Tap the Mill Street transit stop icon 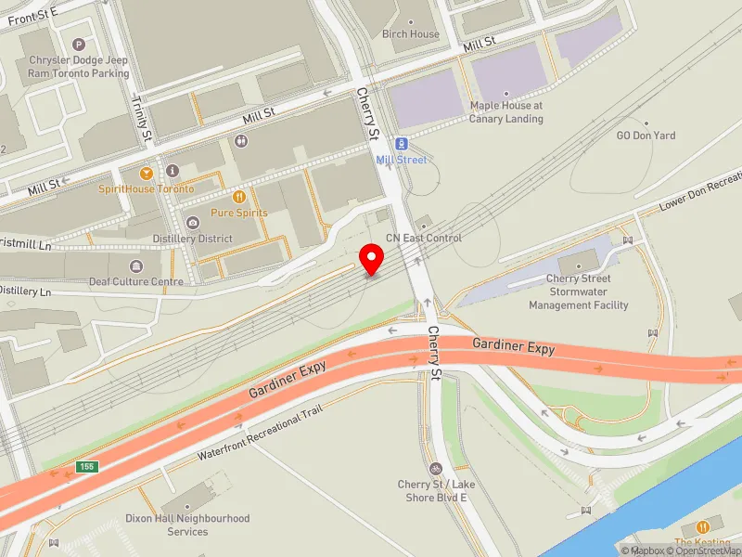pyautogui.click(x=402, y=144)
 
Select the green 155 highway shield pyautogui.click(x=86, y=466)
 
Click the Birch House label pyautogui.click(x=411, y=34)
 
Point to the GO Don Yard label pyautogui.click(x=646, y=136)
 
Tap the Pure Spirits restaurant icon pyautogui.click(x=239, y=197)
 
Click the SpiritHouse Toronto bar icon pyautogui.click(x=146, y=173)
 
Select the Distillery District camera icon pyautogui.click(x=192, y=223)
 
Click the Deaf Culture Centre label pyautogui.click(x=136, y=281)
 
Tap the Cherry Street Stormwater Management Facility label pyautogui.click(x=578, y=291)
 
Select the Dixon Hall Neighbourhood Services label pyautogui.click(x=187, y=525)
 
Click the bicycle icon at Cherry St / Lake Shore pyautogui.click(x=436, y=469)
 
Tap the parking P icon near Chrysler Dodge pyautogui.click(x=79, y=45)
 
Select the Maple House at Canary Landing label pyautogui.click(x=505, y=112)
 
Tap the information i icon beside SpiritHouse pyautogui.click(x=173, y=171)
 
